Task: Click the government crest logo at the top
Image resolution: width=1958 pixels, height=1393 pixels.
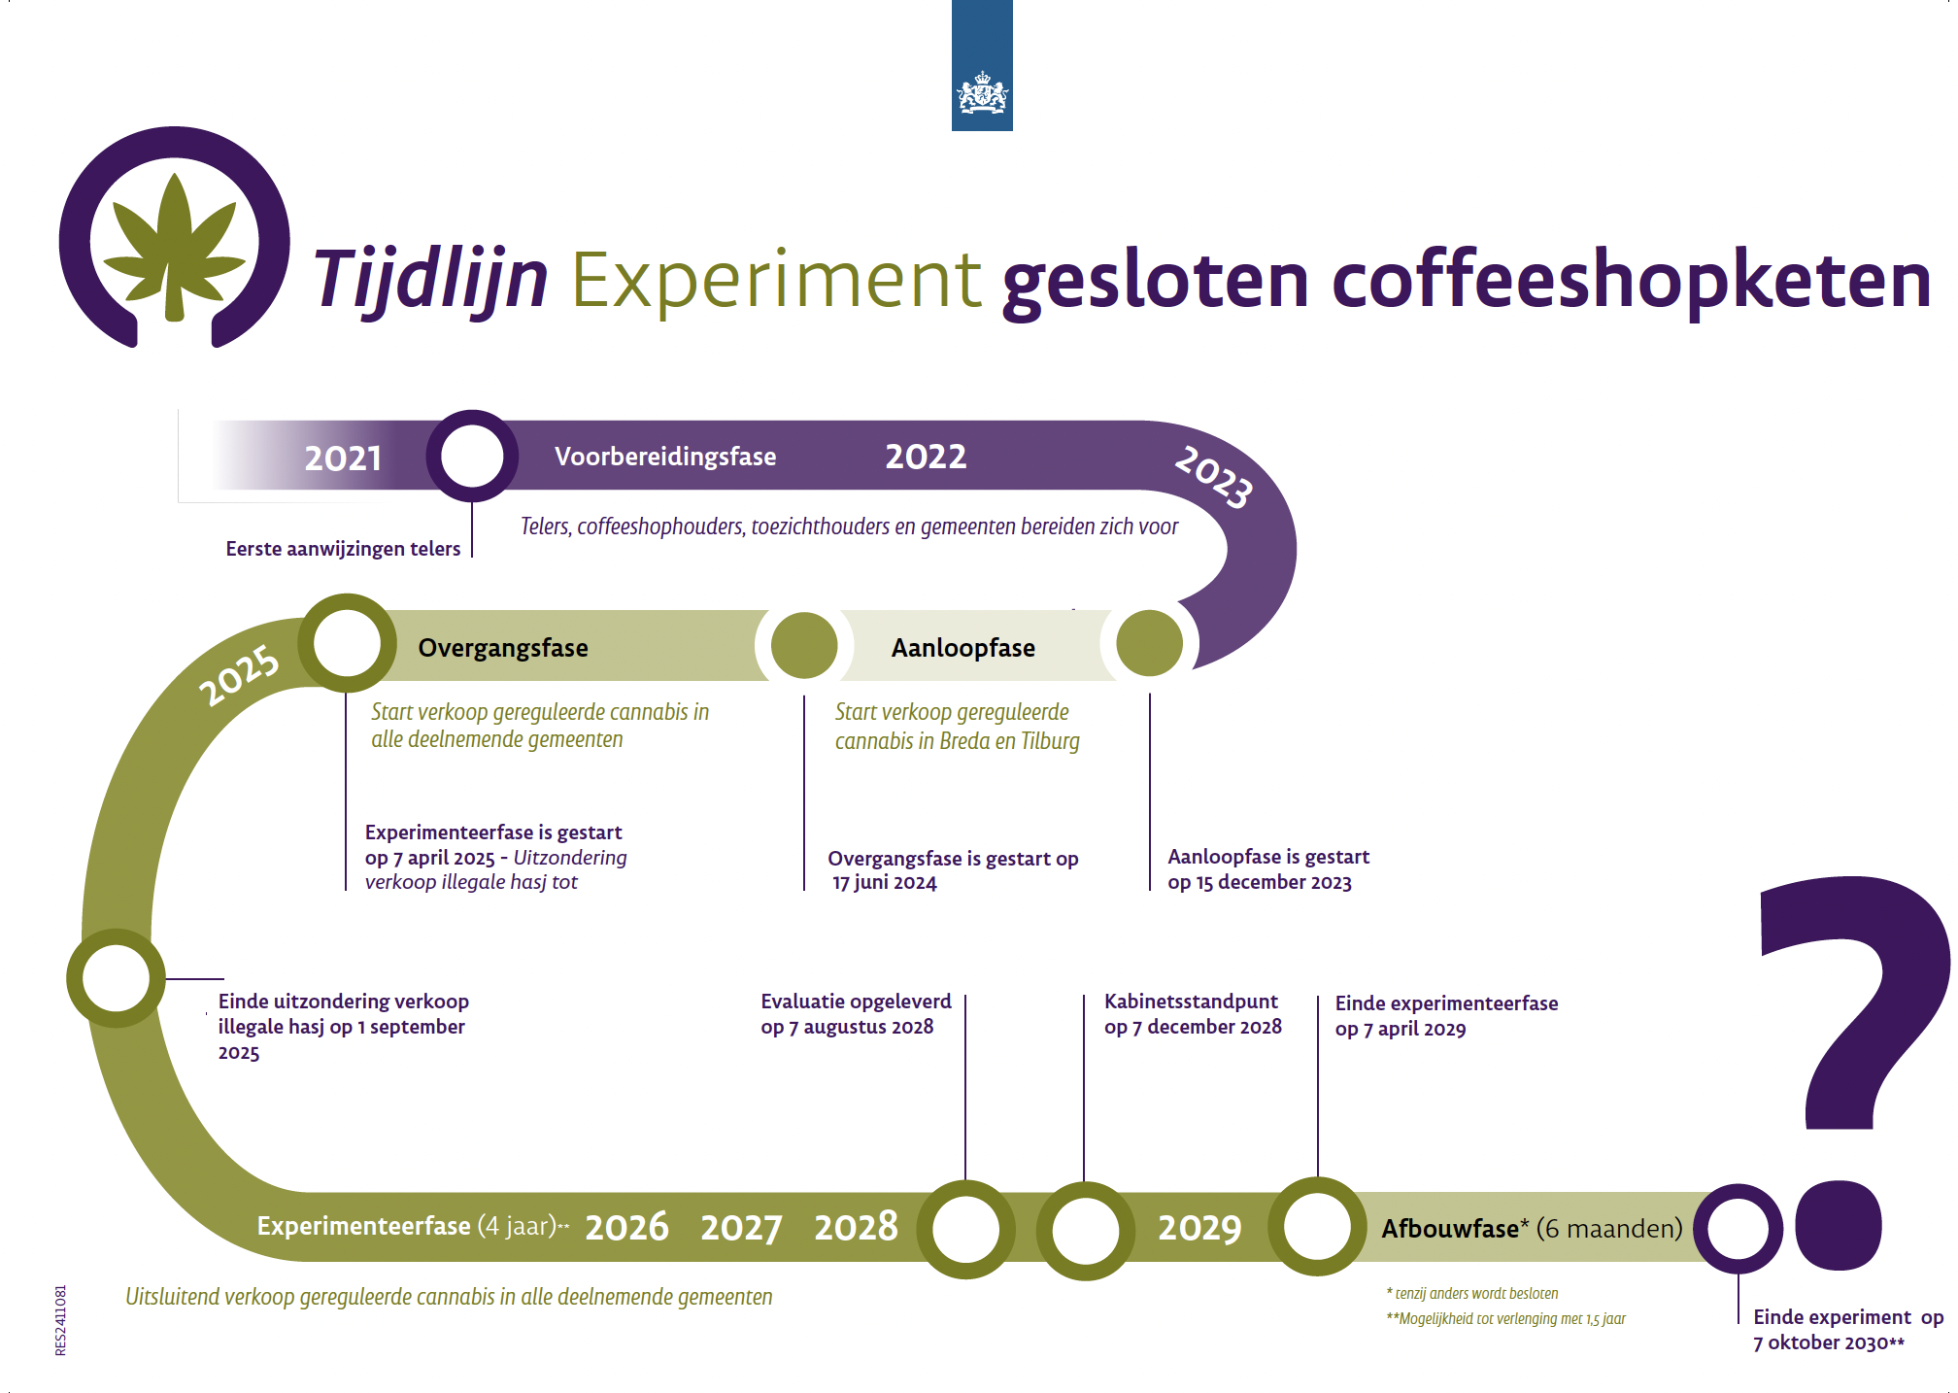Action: click(x=982, y=95)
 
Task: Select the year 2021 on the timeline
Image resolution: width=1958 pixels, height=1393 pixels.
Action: click(x=343, y=458)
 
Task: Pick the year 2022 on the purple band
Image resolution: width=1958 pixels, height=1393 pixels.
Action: click(x=926, y=457)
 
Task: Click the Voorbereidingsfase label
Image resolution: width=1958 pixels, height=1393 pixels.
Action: click(x=665, y=457)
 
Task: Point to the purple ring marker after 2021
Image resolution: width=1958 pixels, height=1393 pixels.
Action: click(x=472, y=456)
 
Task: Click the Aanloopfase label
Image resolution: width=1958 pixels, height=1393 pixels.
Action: click(x=963, y=648)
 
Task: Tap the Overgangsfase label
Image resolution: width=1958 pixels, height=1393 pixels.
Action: click(x=503, y=648)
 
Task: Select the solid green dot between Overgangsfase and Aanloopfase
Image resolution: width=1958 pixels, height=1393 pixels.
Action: click(x=804, y=645)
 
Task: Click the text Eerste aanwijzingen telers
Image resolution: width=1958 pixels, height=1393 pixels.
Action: click(x=343, y=549)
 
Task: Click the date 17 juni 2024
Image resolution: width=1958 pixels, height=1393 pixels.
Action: click(x=885, y=883)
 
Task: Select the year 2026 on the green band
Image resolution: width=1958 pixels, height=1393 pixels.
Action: click(x=626, y=1227)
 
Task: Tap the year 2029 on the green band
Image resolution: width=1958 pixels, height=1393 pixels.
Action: click(x=1199, y=1228)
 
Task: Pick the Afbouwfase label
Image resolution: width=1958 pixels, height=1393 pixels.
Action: click(x=1450, y=1229)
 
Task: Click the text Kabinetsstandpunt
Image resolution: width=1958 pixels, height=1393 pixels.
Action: click(x=1191, y=1002)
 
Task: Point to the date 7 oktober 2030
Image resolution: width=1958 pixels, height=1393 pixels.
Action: click(x=1822, y=1343)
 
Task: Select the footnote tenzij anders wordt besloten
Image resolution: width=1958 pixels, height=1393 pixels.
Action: click(x=1476, y=1294)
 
